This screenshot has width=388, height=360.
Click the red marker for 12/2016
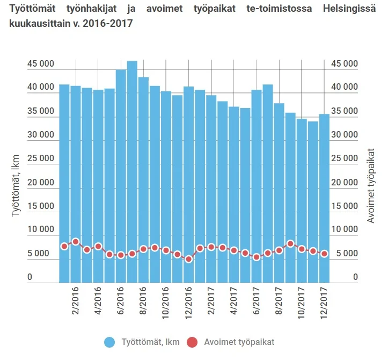point(188,259)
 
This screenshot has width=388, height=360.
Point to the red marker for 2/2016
point(76,242)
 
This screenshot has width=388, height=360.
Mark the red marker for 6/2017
point(257,257)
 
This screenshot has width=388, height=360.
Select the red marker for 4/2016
point(98,246)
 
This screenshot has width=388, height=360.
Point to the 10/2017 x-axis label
point(301,304)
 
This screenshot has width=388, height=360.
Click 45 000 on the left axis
point(41,64)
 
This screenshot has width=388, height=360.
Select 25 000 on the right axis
point(344,159)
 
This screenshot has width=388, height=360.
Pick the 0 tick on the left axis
point(30,277)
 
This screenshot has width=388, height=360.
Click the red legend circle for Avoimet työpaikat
point(193,342)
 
